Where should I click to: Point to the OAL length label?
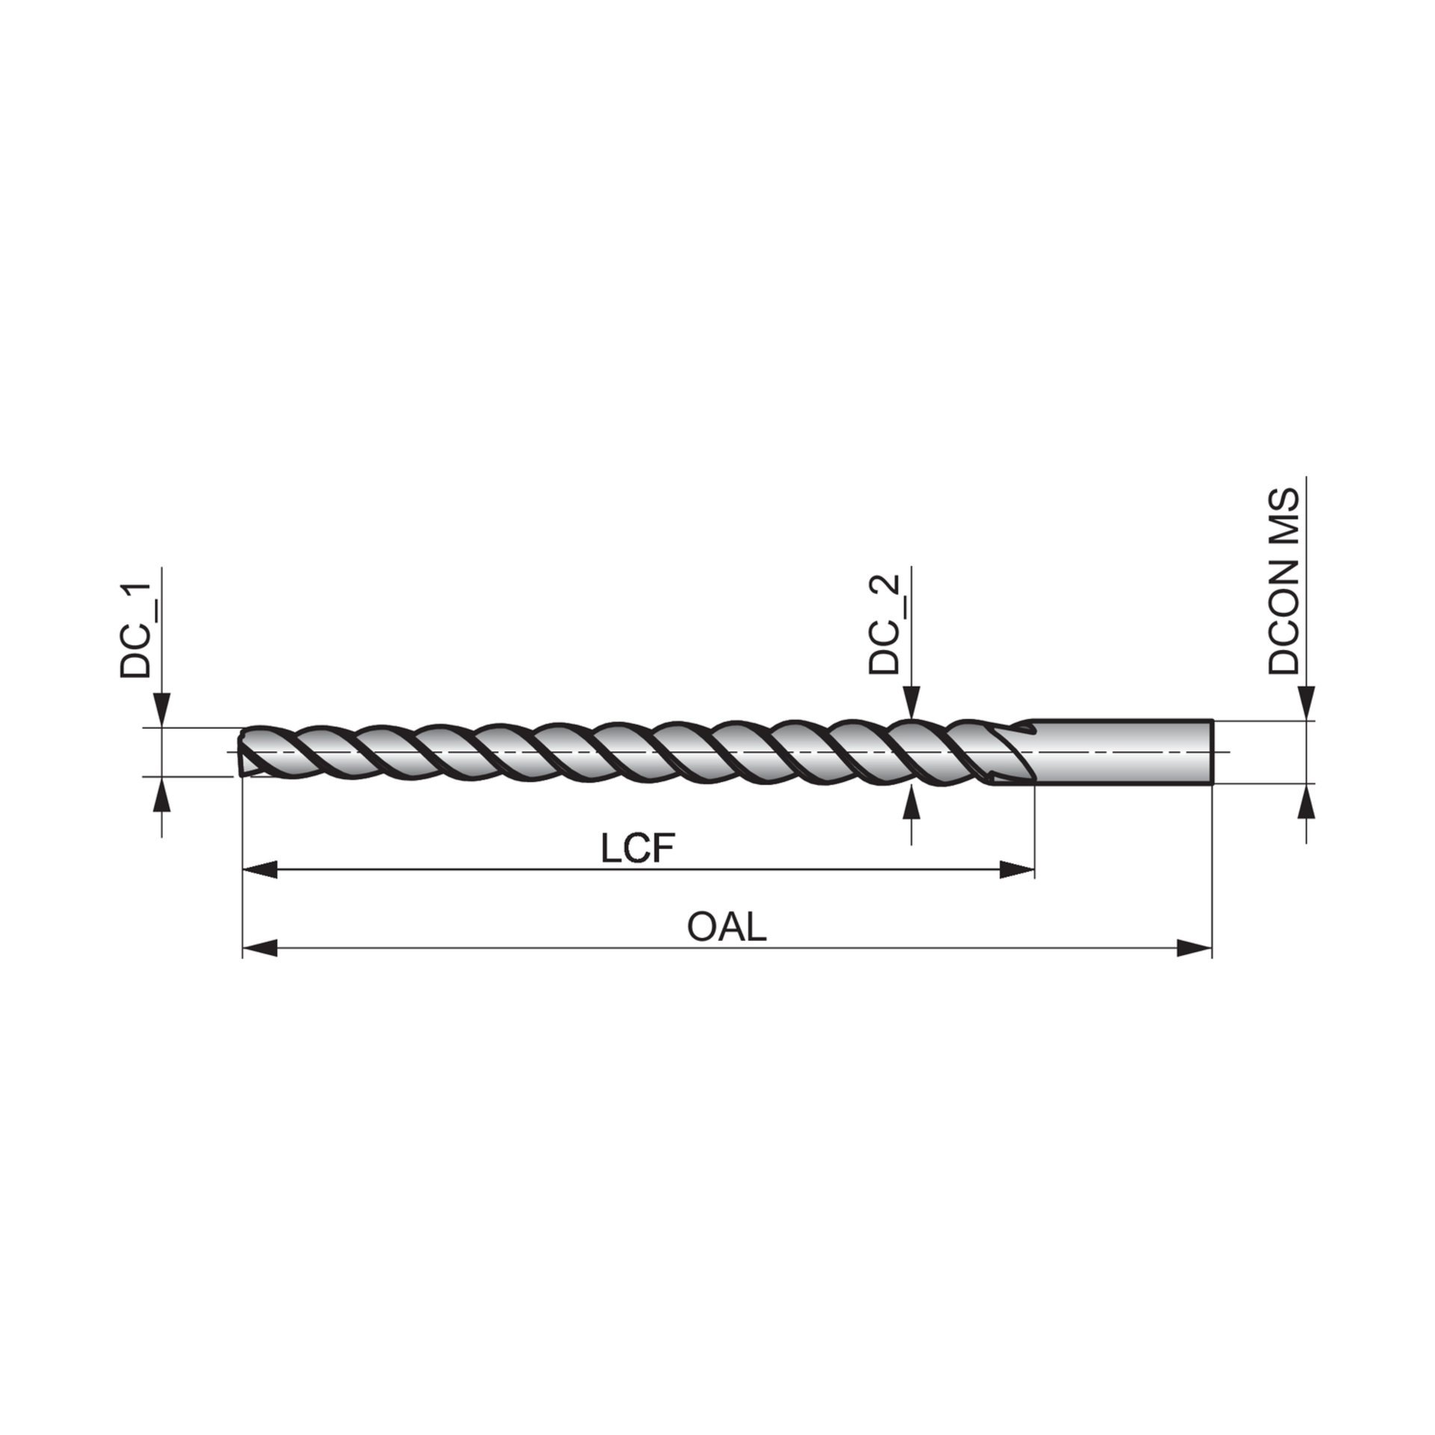727,928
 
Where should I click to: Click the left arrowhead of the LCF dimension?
260,869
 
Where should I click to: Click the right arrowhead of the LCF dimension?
1018,869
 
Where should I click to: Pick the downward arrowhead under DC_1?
162,709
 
